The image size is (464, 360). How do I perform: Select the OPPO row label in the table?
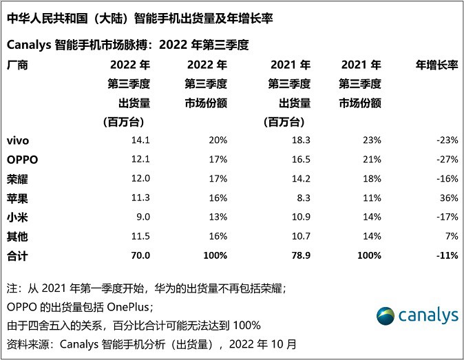click(21, 160)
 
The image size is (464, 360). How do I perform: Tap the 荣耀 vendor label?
click(17, 179)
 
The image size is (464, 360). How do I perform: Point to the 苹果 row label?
click(17, 198)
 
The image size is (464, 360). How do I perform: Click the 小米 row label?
click(17, 218)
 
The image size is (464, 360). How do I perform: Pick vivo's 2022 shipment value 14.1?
click(140, 140)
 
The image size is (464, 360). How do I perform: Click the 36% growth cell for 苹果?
click(449, 198)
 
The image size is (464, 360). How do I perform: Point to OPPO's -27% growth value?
click(446, 160)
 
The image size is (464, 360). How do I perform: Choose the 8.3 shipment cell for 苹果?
click(295, 198)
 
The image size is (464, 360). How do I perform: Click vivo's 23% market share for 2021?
click(371, 140)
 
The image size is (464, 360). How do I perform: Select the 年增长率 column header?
click(436, 66)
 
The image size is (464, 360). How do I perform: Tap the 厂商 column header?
click(17, 66)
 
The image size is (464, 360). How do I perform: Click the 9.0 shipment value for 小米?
click(143, 218)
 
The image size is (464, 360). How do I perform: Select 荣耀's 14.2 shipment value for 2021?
click(293, 179)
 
